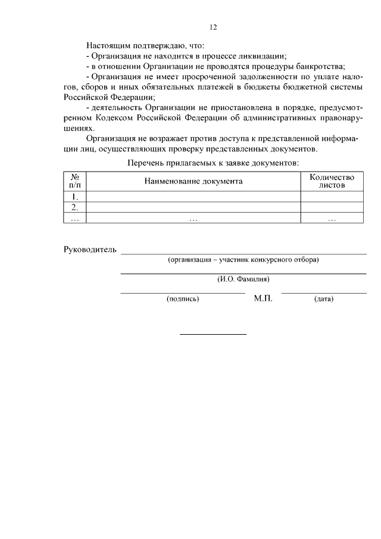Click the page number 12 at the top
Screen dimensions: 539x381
tap(213, 27)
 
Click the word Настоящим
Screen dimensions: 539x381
tap(106, 45)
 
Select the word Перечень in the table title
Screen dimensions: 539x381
tap(145, 163)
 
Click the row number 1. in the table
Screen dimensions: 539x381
tap(75, 197)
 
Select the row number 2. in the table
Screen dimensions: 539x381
tap(75, 207)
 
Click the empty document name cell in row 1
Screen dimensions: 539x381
tap(193, 197)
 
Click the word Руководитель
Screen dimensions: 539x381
tap(90, 249)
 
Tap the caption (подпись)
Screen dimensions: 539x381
tap(183, 299)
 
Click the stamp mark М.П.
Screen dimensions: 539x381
tap(263, 298)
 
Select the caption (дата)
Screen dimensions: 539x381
tap(323, 299)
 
